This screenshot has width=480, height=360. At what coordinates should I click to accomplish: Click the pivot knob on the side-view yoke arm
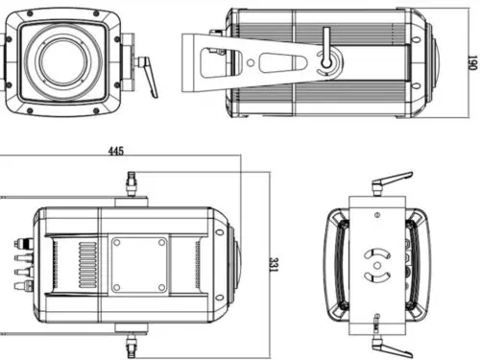point(327,63)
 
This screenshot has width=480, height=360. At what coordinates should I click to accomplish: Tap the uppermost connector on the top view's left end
point(19,243)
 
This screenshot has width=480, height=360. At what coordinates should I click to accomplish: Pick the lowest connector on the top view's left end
point(19,285)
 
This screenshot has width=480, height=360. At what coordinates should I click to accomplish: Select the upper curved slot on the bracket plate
point(376,248)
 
